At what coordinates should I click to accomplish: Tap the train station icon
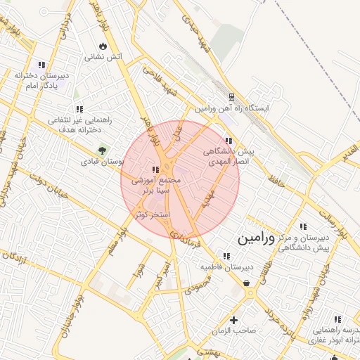232,98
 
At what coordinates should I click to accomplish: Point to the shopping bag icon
247,283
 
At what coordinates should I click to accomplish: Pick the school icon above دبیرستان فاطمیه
226,256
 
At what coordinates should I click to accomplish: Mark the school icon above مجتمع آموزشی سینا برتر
155,169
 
